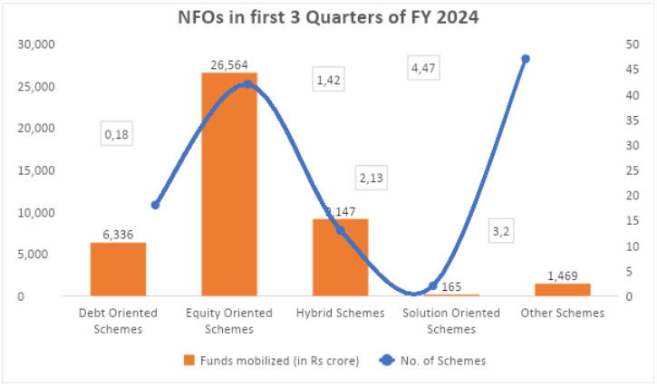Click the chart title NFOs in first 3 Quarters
328,17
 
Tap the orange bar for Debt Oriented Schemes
118,269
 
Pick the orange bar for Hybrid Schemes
340,257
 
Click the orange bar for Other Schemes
562,290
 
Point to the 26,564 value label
229,62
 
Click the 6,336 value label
118,233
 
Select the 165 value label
451,286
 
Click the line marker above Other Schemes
526,59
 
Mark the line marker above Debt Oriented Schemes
155,205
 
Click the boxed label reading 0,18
117,134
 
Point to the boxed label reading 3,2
500,232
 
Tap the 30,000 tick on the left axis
38,44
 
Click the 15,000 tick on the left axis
38,170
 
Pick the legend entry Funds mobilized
271,360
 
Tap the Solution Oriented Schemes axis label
451,321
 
